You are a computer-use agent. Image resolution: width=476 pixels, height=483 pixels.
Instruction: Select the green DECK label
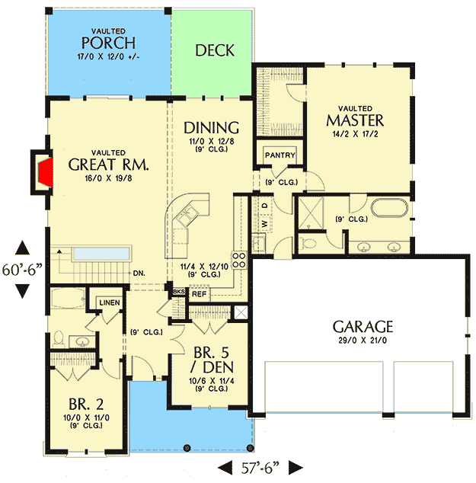[215, 50]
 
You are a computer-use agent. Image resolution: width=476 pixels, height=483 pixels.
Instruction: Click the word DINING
[212, 128]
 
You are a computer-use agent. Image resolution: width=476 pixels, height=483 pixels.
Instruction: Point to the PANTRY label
[279, 155]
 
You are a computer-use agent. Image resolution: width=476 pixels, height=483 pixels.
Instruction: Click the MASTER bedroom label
[355, 120]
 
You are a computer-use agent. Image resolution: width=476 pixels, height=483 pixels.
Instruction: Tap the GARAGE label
[363, 327]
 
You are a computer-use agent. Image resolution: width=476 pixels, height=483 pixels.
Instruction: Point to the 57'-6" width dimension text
[261, 466]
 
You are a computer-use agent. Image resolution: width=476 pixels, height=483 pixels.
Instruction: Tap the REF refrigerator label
[199, 293]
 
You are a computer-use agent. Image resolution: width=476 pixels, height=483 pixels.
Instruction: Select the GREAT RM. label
[107, 164]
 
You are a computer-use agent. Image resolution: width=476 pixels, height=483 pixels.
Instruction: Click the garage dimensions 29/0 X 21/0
[363, 341]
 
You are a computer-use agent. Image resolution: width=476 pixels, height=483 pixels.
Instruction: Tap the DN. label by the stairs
[138, 273]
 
